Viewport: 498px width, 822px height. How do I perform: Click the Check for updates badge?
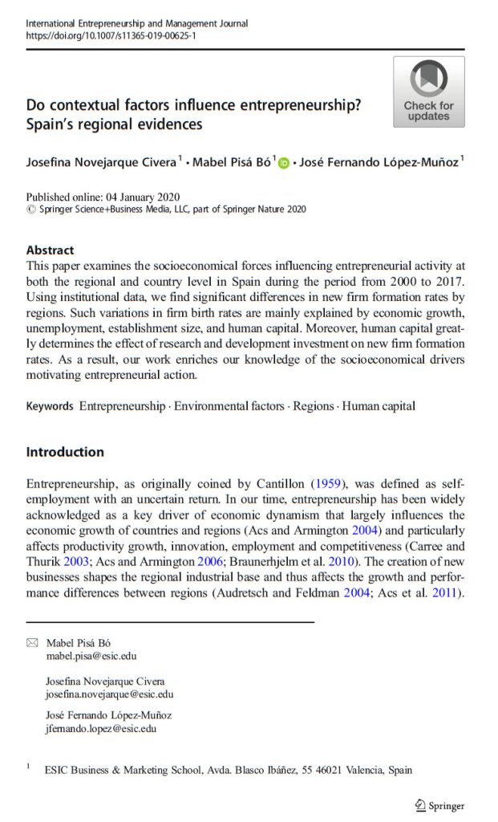(428, 92)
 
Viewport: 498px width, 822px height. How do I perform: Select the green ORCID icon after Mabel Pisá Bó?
(283, 163)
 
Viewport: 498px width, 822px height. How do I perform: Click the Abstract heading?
(50, 250)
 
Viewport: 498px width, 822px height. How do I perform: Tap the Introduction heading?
(65, 452)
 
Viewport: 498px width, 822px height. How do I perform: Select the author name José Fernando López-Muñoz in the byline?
(378, 163)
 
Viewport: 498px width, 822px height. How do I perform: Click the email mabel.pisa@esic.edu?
(91, 655)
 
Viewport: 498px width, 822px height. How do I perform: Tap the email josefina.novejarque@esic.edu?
(109, 694)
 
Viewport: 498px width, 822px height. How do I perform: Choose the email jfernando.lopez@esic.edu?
(101, 729)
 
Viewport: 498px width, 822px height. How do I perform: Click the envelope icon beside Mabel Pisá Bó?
(32, 642)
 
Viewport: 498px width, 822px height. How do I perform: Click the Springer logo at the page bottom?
(439, 805)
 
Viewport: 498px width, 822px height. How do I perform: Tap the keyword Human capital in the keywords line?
(379, 405)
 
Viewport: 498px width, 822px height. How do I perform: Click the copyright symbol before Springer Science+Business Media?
(31, 210)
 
